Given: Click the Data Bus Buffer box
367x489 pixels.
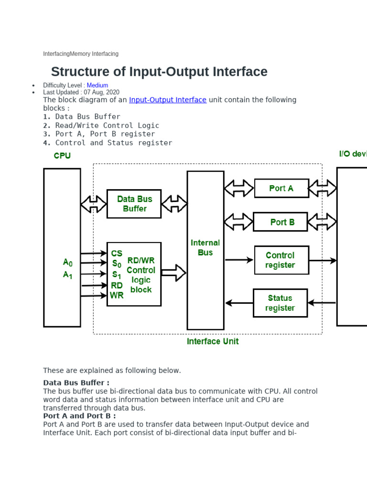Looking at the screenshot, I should click(134, 204).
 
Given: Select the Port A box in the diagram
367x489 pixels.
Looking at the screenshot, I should click(281, 188).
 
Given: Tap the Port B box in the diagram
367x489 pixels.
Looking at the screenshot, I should click(281, 222).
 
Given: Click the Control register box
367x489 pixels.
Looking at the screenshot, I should click(281, 260).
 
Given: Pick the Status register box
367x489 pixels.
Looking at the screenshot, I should click(280, 303).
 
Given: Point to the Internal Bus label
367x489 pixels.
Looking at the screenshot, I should click(205, 247).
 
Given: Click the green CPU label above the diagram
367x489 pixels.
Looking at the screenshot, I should click(62, 156).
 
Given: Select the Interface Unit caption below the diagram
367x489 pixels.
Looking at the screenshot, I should click(213, 341).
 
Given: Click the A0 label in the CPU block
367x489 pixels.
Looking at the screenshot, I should click(68, 262).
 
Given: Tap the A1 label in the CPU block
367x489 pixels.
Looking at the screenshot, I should click(68, 275).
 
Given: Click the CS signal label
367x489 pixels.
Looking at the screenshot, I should click(117, 253).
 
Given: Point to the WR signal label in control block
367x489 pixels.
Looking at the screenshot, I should click(117, 296).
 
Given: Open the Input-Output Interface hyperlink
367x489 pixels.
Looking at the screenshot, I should click(168, 100).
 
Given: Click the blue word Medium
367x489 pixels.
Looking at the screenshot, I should click(97, 85).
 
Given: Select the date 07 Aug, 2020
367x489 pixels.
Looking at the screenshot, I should click(102, 92).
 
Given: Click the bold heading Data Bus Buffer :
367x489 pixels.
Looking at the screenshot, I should click(76, 383).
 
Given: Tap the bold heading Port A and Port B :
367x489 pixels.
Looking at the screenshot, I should click(79, 415).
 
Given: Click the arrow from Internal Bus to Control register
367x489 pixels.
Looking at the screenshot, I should click(239, 260).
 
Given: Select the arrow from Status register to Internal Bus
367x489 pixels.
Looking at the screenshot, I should click(239, 303).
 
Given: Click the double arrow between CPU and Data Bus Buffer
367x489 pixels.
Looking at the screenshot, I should click(94, 204).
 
